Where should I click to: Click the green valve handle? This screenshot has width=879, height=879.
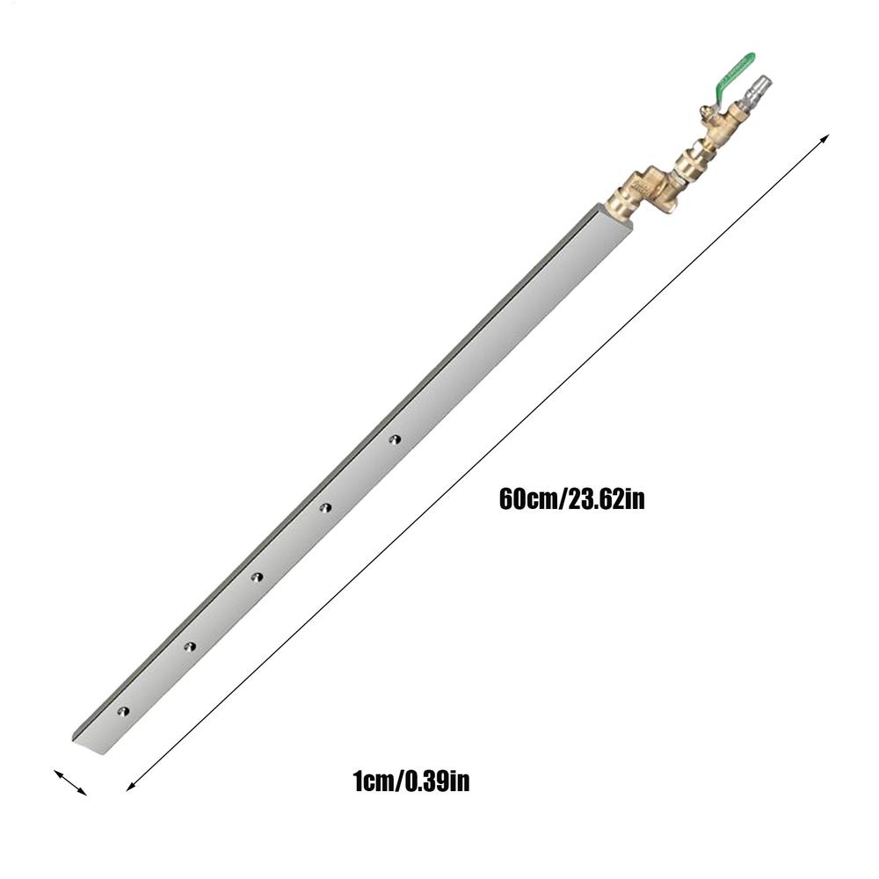(x=736, y=69)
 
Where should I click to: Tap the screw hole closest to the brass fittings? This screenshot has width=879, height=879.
(x=395, y=437)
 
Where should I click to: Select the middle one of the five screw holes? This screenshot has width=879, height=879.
(x=257, y=577)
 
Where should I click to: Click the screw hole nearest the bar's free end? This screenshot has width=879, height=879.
(x=123, y=709)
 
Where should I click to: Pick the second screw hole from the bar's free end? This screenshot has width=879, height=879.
(x=189, y=646)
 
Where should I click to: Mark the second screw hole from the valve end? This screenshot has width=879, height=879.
(x=325, y=507)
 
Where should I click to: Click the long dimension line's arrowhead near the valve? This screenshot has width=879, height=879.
(x=824, y=139)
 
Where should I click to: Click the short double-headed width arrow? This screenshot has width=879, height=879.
(x=70, y=782)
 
